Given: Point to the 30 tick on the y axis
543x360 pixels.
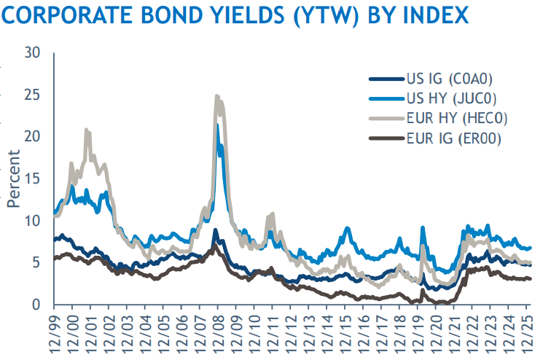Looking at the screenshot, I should pos(33,53).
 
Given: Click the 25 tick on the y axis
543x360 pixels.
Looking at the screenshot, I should pos(33,95).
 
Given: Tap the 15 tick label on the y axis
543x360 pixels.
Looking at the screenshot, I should pos(33,179).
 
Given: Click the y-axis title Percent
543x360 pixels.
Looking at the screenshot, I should pos(12,179).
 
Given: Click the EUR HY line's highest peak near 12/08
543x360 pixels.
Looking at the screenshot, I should pos(216,96).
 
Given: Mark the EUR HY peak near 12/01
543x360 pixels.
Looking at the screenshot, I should pos(87,131).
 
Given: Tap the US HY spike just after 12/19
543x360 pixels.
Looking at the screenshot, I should pos(423,228).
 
